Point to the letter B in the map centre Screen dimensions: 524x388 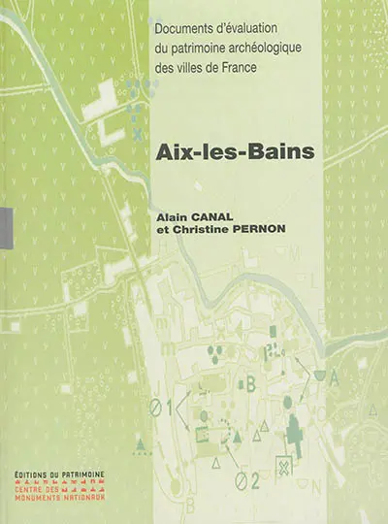coord(250,383)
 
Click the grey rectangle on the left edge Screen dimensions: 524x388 coord(4,224)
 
